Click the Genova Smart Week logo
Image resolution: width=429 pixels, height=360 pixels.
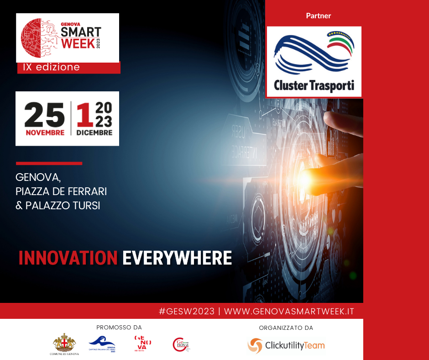tap(68, 37)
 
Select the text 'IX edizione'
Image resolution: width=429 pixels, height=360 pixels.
tap(51, 67)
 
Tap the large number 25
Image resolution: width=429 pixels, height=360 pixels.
tap(44, 115)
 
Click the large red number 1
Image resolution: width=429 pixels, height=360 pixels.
tap(84, 115)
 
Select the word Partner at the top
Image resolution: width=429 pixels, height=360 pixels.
tap(318, 16)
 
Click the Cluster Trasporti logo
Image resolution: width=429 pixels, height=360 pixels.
tap(314, 61)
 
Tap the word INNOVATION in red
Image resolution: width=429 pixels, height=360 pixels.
tap(68, 258)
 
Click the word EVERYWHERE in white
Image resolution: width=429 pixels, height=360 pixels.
tap(177, 258)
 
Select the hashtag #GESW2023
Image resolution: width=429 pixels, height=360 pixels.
tap(186, 311)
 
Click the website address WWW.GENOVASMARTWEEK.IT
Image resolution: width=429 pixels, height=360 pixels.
tap(289, 311)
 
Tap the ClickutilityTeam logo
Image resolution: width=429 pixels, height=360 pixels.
tap(286, 346)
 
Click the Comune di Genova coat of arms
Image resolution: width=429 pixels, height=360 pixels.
tap(64, 343)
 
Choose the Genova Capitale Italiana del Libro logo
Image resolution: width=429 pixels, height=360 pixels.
tap(103, 344)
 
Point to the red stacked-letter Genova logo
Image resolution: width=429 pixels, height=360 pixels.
tap(142, 344)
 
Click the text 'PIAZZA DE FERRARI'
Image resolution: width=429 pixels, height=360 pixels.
tap(61, 191)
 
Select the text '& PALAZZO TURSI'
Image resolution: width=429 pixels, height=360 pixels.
tap(58, 206)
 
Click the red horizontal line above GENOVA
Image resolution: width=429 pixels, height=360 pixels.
tap(49, 163)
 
